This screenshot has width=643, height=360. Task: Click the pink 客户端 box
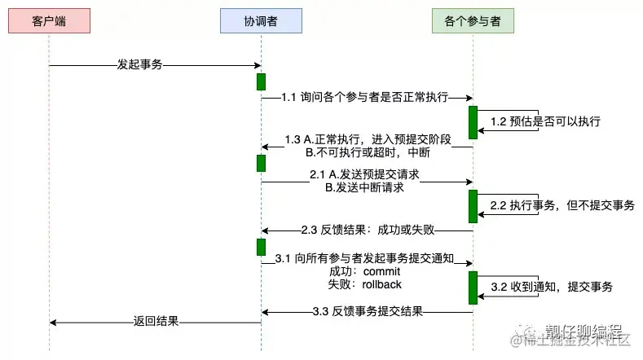pos(49,20)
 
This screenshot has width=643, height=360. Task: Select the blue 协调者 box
pos(261,20)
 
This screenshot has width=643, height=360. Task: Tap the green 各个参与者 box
pos(473,20)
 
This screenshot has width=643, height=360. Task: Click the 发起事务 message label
pos(140,64)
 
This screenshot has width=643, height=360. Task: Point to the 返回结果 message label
pos(156,321)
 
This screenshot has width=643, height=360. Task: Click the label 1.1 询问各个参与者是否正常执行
pos(364,97)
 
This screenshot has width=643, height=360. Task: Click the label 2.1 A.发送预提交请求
pos(364,173)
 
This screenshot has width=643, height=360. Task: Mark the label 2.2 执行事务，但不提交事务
pos(562,205)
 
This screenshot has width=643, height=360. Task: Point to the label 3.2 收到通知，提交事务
pos(552,287)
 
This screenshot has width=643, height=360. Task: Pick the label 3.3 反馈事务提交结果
pos(368,311)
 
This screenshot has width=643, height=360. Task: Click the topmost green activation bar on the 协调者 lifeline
pos(261,81)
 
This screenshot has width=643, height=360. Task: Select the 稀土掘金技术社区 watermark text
pos(579,340)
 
